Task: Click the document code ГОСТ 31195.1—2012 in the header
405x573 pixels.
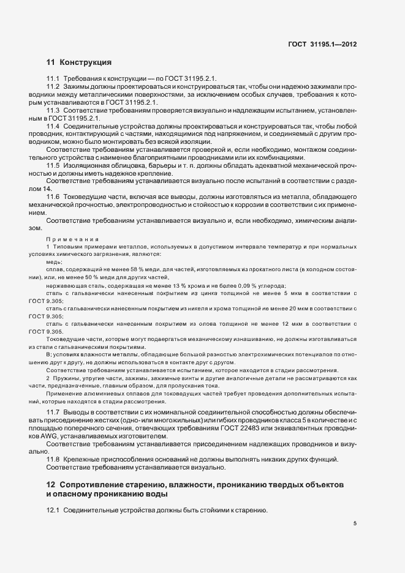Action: pos(322,44)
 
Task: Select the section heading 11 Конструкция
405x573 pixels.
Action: pos(78,62)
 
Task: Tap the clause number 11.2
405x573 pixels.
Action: pos(53,88)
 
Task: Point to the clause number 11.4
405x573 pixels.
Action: pos(53,125)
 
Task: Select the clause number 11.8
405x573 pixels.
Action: pos(53,459)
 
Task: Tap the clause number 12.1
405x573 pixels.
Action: pos(53,510)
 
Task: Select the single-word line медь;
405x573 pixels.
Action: pos(54,261)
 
